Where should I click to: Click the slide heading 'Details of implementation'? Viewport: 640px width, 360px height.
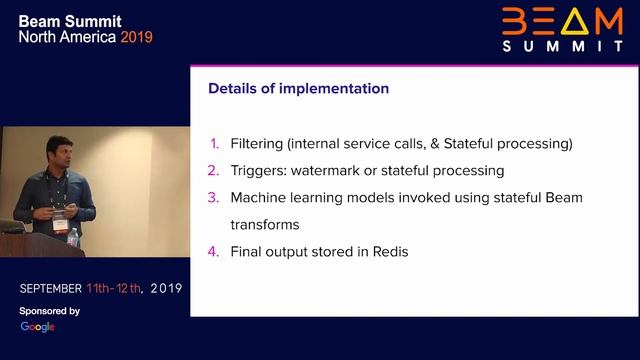298,89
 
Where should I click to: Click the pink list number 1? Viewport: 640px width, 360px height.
214,144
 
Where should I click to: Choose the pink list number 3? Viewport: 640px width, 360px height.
213,198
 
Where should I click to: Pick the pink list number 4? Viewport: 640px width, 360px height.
213,252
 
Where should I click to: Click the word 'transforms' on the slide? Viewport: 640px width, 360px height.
265,225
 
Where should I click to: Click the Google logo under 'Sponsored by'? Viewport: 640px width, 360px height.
38,327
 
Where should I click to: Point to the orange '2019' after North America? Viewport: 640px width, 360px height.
137,37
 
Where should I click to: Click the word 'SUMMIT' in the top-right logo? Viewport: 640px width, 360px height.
563,46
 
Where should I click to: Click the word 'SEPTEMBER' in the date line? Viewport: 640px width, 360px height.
51,288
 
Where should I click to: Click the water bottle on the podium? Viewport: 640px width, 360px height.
73,238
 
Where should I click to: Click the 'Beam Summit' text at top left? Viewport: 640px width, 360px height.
68,19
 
